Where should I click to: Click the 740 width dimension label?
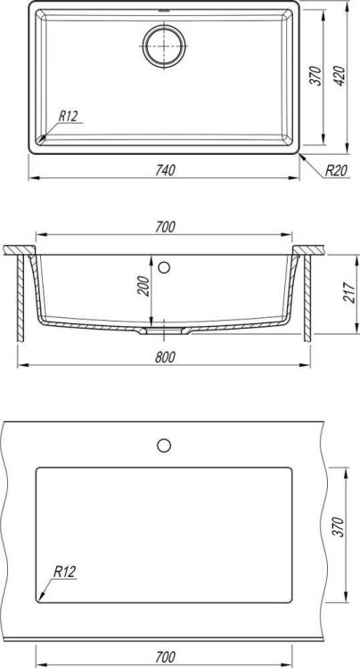(165, 170)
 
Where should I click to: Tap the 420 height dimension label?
(340, 77)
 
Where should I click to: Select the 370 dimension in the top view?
(315, 76)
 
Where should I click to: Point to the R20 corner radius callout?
(336, 171)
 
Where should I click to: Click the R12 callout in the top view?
(68, 117)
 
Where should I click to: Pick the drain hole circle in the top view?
(164, 45)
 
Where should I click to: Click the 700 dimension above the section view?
(165, 227)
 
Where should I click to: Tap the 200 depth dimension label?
(144, 286)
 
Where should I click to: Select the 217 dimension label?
(349, 292)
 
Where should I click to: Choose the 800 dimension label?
(165, 357)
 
